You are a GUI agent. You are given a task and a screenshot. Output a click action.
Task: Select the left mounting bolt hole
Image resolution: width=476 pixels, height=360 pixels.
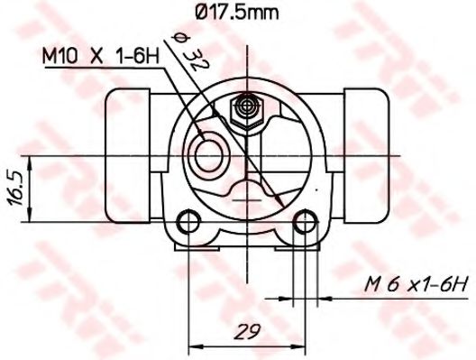(x=188, y=221)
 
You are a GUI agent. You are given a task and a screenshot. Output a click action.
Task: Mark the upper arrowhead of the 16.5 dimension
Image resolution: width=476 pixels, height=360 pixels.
(x=32, y=162)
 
